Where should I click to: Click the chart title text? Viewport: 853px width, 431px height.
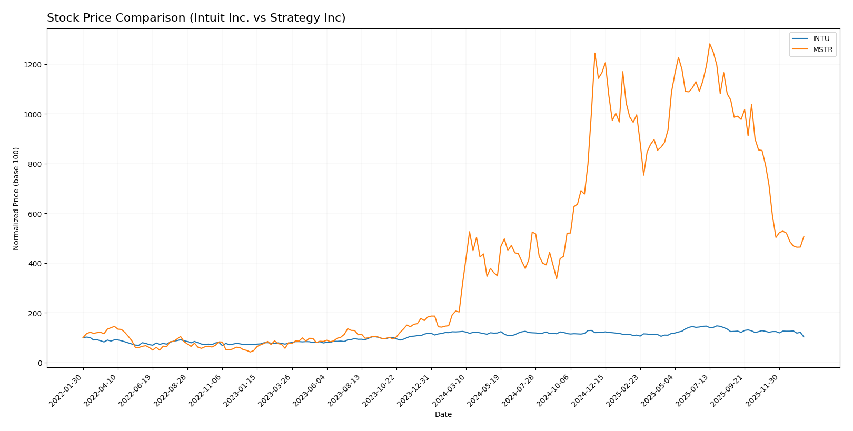(196, 18)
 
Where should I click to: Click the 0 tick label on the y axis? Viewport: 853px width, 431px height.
(39, 363)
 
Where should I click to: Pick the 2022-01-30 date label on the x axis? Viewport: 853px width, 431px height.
(66, 390)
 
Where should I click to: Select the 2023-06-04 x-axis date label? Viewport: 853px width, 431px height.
(310, 390)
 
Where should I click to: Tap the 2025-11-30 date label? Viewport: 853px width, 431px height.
(762, 390)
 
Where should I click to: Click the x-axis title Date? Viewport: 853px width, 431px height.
(443, 415)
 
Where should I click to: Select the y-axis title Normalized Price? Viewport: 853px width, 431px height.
(16, 198)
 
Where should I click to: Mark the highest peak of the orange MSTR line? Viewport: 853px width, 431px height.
(709, 44)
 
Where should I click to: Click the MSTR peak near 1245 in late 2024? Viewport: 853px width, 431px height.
(594, 53)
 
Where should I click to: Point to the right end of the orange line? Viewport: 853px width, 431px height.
(804, 237)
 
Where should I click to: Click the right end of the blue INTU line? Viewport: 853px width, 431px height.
(804, 337)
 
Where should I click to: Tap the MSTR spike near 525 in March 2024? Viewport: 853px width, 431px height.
(469, 232)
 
